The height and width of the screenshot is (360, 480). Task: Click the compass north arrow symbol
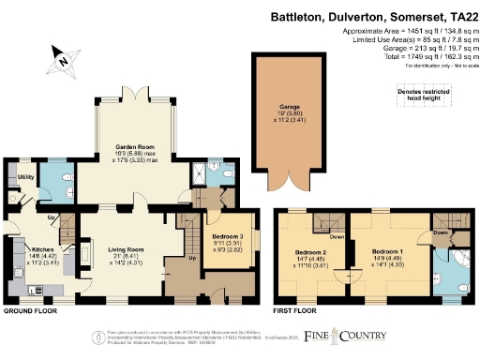pos(61,58)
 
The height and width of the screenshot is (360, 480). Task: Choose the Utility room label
pos(26,175)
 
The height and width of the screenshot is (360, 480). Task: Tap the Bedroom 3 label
pos(226,236)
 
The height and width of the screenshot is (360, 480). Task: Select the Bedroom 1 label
pos(386,253)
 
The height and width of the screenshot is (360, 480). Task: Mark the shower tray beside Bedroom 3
pos(199,172)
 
